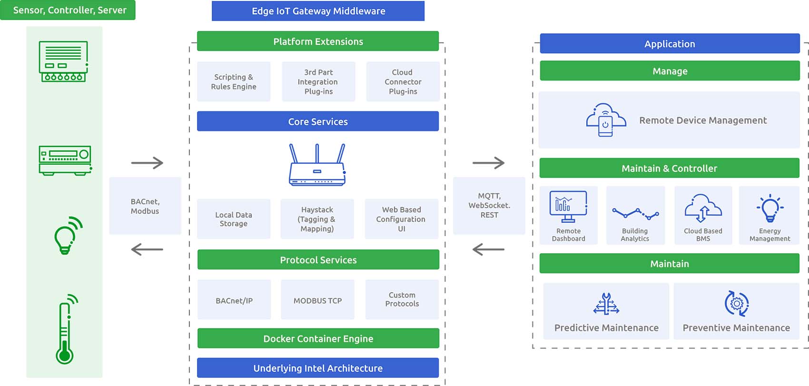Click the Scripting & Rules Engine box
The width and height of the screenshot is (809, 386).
(x=234, y=81)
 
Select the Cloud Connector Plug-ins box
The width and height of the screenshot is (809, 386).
(x=403, y=81)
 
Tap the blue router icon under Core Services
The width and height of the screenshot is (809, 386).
(x=317, y=165)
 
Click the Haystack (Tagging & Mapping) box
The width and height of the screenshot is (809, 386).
(x=317, y=219)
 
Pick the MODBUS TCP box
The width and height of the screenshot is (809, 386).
(x=318, y=300)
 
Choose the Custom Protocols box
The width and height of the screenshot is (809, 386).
(x=402, y=300)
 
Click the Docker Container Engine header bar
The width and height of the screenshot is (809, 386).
(x=318, y=338)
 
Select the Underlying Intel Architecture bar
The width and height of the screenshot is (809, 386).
(x=318, y=368)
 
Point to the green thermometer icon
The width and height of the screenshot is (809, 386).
(x=67, y=329)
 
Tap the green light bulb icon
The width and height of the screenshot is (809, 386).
(x=68, y=236)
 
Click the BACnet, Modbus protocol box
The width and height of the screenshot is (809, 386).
(x=145, y=206)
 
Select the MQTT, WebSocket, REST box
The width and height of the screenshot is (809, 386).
(x=489, y=206)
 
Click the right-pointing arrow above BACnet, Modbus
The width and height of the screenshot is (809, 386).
(x=148, y=163)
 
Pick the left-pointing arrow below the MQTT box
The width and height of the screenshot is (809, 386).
(x=488, y=249)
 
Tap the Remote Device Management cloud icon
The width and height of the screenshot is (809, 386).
(x=606, y=120)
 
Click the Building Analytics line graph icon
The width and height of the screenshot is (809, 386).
(x=636, y=213)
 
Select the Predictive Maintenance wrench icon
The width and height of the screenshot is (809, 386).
(x=606, y=304)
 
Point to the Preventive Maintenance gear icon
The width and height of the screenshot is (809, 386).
(x=737, y=304)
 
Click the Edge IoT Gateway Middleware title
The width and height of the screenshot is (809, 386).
(x=318, y=11)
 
